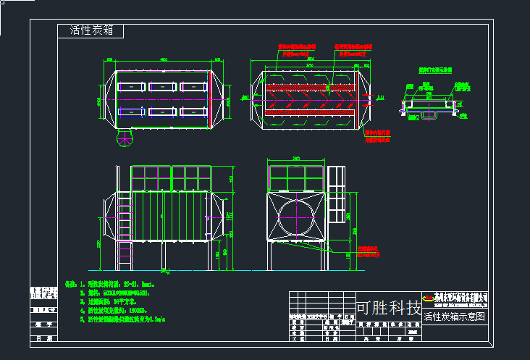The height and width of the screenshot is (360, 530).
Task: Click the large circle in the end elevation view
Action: tap(295, 215)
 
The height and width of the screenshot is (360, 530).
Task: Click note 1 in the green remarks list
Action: tap(109, 284)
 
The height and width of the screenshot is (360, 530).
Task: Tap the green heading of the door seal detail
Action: tap(434, 71)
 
